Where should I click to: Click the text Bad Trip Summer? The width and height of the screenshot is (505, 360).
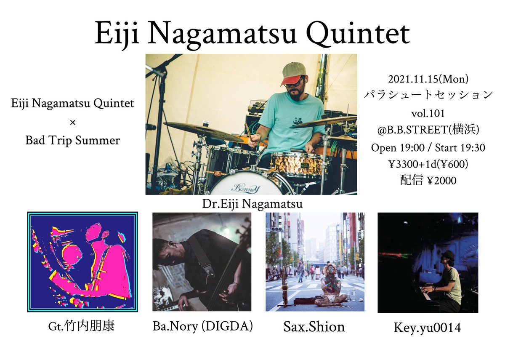coord(72,140)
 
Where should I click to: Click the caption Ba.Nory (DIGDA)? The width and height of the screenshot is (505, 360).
coord(202,326)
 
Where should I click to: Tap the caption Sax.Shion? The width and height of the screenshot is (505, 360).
coord(314,326)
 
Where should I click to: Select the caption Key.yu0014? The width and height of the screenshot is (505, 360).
coord(428,327)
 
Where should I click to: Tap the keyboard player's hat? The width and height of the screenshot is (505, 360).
coord(448,255)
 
